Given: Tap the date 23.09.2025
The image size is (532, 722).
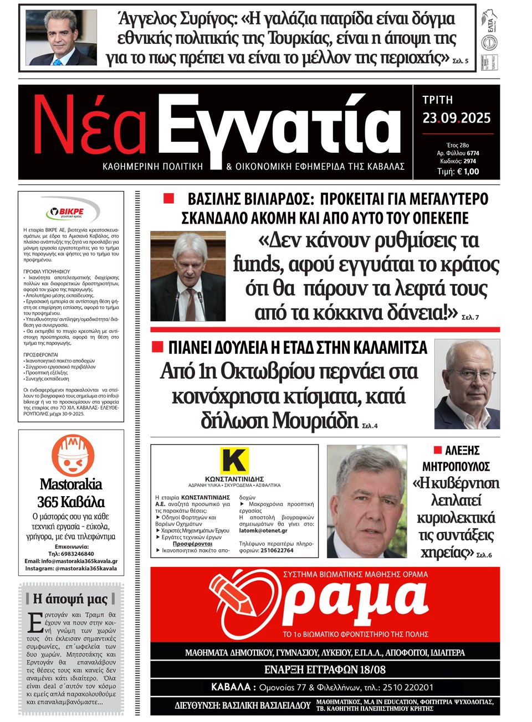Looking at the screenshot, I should [x=457, y=118].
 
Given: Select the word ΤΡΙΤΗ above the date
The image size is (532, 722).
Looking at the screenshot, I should [x=438, y=100].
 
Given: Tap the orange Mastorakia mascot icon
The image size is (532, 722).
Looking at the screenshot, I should [x=70, y=455].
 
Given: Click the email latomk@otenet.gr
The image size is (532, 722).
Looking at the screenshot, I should [x=263, y=530].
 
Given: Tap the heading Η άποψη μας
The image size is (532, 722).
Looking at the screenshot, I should [x=70, y=599].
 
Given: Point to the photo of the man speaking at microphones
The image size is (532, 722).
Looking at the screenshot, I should [x=188, y=276].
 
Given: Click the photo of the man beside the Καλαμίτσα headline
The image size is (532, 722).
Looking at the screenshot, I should [x=467, y=384].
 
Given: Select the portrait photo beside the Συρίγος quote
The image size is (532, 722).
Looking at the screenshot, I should [x=62, y=38].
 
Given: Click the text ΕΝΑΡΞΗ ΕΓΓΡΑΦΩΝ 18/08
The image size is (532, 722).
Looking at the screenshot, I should [x=325, y=669].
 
